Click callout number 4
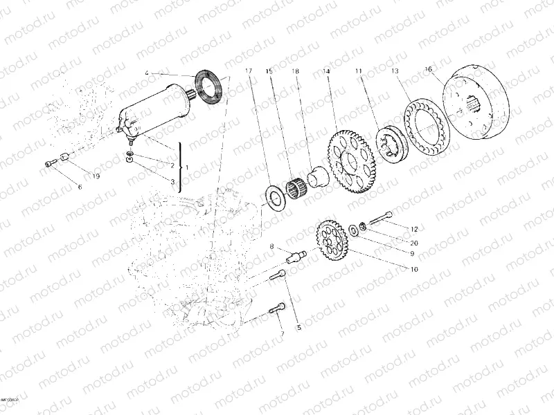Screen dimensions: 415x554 147,73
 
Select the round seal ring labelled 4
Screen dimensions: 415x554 208,85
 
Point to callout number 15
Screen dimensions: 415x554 269,71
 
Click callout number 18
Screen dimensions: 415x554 296,71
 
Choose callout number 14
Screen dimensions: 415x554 326,71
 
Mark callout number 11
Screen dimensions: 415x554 359,71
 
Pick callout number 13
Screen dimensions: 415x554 394,71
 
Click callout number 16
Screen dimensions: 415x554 428,69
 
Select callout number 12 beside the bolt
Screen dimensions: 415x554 414,228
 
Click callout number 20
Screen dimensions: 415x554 414,243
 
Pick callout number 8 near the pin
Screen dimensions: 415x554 271,246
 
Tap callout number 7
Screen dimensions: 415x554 282,334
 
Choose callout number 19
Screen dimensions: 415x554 96,176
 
